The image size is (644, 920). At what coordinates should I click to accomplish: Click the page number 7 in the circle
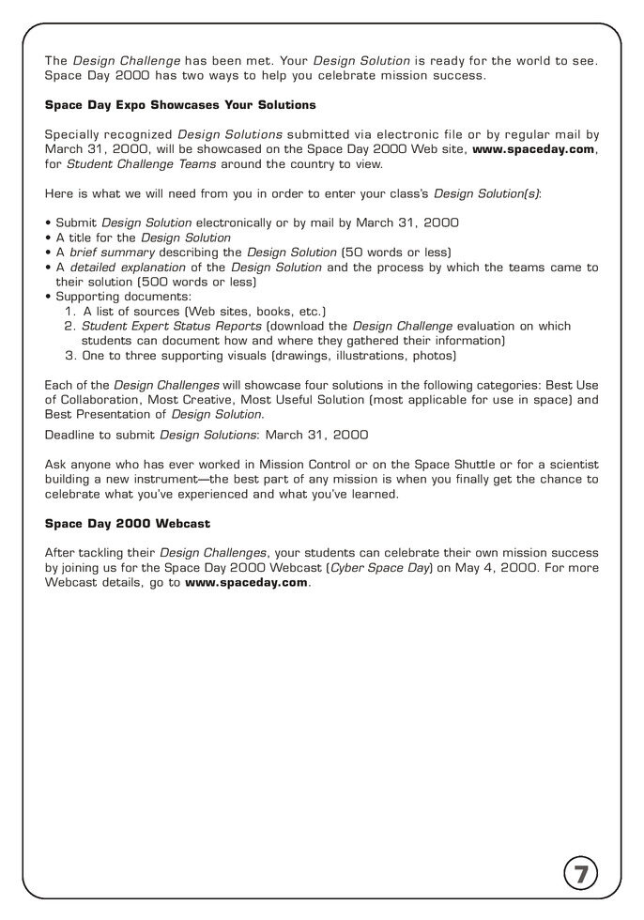pyautogui.click(x=581, y=875)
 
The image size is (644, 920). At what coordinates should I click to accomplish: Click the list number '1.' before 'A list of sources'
pyautogui.click(x=71, y=311)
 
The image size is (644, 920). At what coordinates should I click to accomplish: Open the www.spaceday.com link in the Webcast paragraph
pyautogui.click(x=246, y=582)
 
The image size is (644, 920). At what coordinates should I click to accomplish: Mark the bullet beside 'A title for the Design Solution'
pyautogui.click(x=48, y=238)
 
